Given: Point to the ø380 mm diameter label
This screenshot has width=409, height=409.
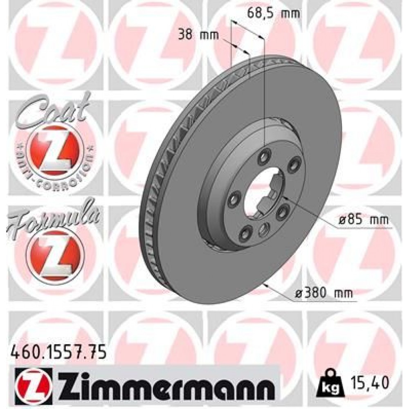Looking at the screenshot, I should pyautogui.click(x=325, y=293).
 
